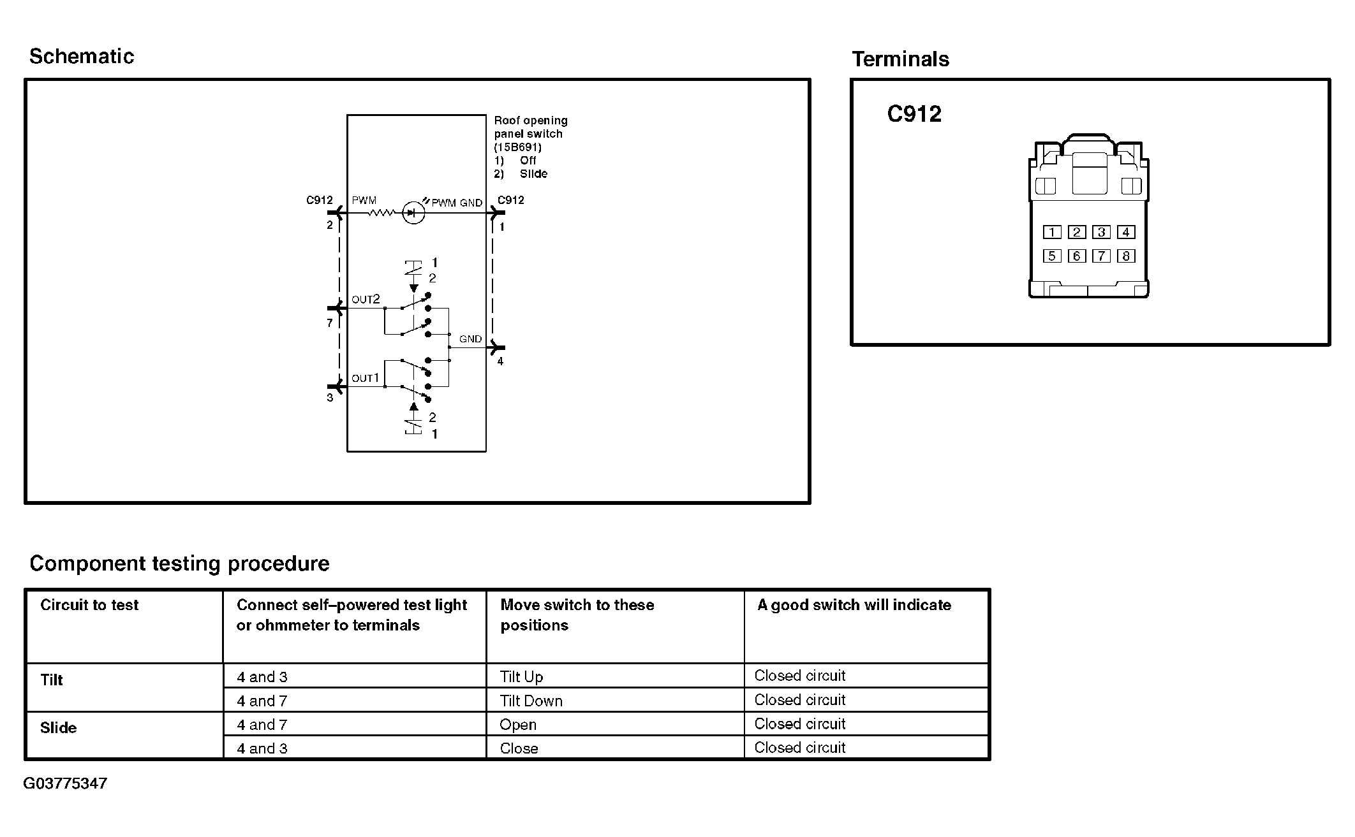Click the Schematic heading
coord(82,57)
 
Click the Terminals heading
coord(900,59)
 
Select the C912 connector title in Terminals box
coord(914,114)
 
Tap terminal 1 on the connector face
coord(1052,232)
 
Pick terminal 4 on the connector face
coord(1126,232)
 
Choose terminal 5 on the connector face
coord(1052,256)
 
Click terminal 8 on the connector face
coord(1126,256)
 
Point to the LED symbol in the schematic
coord(413,213)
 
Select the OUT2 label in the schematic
coord(366,300)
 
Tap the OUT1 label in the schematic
coord(366,379)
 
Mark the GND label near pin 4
coord(471,339)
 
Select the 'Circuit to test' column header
coord(89,605)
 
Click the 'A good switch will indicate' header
coord(854,605)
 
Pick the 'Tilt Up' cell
coord(522,677)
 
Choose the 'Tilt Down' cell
coord(531,701)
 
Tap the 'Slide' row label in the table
coord(58,728)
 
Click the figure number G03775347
coord(65,783)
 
